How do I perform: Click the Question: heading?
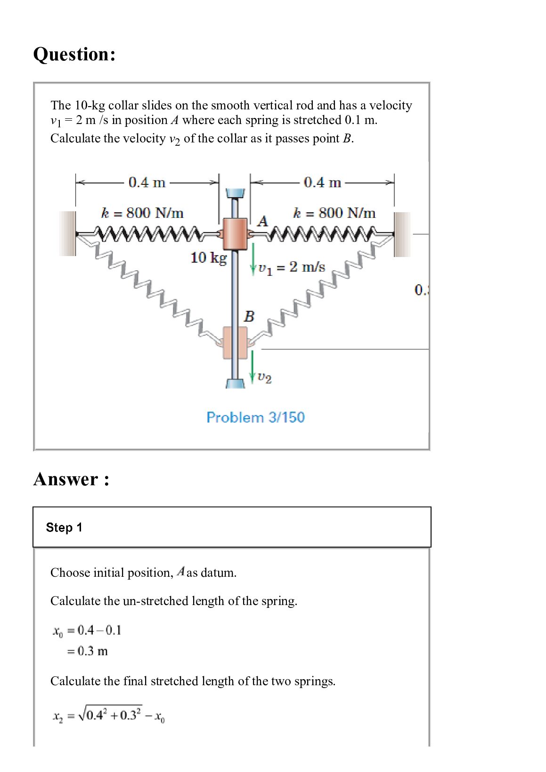(x=74, y=54)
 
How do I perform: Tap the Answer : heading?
(x=71, y=479)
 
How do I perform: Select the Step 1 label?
(x=64, y=527)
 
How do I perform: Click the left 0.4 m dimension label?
(x=147, y=183)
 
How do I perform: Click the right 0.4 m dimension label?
(x=322, y=183)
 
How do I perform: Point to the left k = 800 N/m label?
(x=142, y=213)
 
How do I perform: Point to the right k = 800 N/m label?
(x=334, y=213)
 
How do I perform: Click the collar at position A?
(x=235, y=233)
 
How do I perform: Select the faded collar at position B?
(x=235, y=342)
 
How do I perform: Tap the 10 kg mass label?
(x=208, y=257)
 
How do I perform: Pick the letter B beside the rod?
(x=249, y=316)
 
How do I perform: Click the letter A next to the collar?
(x=263, y=221)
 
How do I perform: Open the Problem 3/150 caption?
(x=255, y=417)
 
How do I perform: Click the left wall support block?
(x=67, y=233)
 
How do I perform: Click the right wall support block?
(x=402, y=234)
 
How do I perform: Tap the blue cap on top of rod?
(x=235, y=193)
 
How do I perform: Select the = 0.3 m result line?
(x=88, y=651)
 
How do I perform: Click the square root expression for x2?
(x=109, y=715)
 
